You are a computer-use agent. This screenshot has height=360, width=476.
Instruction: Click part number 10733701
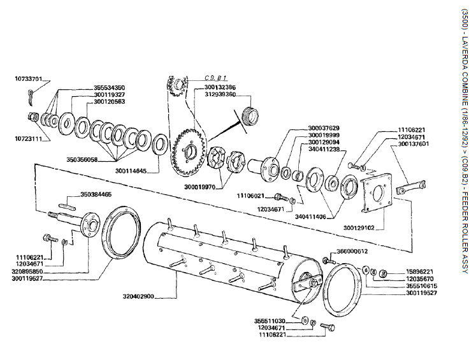[x=27, y=80]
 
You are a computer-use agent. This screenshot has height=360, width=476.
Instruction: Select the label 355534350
[x=109, y=87]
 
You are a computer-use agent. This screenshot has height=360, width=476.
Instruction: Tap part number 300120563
[x=109, y=102]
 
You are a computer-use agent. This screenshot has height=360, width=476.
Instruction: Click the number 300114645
[x=131, y=170]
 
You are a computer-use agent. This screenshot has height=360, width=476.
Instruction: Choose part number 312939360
[x=213, y=94]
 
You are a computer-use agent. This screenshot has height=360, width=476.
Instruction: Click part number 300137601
[x=412, y=144]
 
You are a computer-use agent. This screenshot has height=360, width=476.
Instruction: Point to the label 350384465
[x=96, y=194]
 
